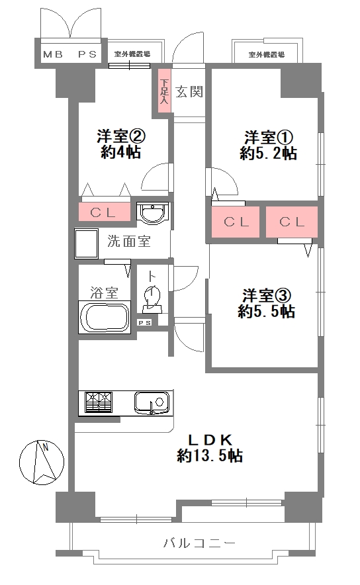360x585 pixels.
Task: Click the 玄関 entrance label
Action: (x=189, y=92)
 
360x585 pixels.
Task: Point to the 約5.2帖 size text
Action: (x=268, y=154)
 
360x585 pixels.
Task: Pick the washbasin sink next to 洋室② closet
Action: (x=153, y=214)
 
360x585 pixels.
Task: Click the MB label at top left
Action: (x=53, y=54)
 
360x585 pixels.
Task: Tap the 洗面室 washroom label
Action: (x=129, y=241)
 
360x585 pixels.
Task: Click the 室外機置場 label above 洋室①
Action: (x=266, y=54)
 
